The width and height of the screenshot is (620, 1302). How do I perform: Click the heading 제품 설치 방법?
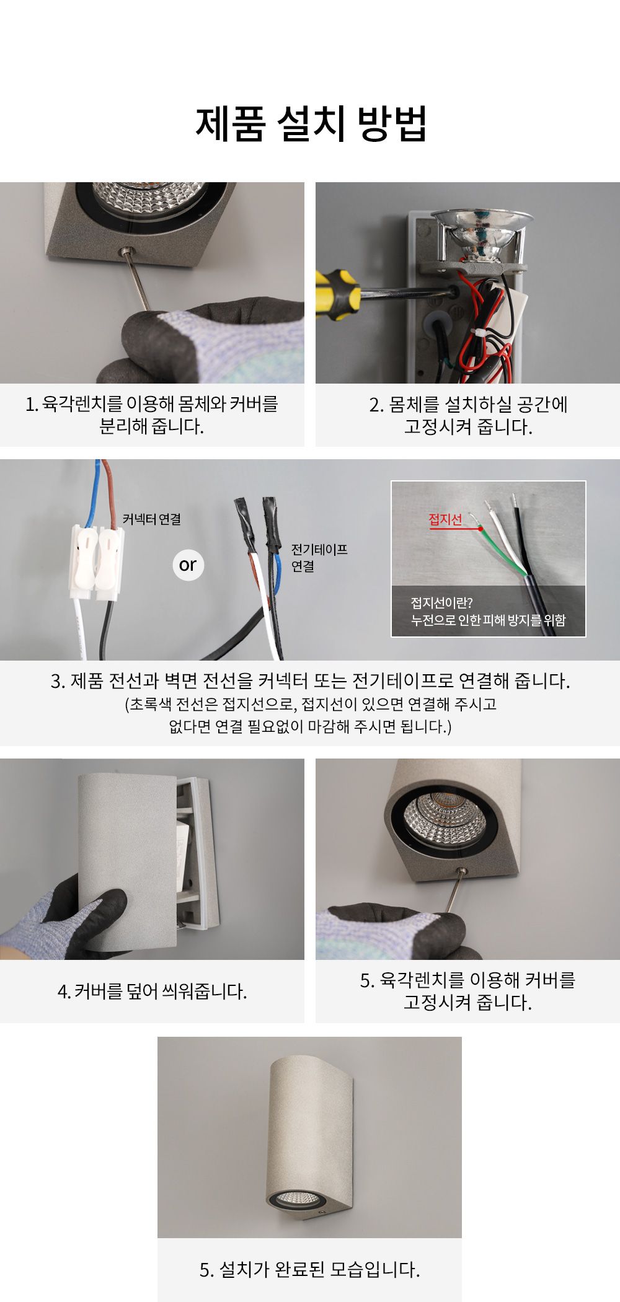[x=311, y=123]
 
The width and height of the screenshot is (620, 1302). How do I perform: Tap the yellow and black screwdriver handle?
[x=337, y=294]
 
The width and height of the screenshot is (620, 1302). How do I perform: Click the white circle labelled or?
[x=188, y=565]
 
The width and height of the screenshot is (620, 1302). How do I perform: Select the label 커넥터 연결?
[x=152, y=519]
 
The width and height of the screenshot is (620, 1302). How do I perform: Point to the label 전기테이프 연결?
[x=319, y=558]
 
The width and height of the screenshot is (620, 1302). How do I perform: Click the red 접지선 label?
[x=445, y=519]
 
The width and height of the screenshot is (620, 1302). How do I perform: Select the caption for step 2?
[x=468, y=415]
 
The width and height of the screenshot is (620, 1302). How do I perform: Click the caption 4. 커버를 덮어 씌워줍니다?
[x=152, y=992]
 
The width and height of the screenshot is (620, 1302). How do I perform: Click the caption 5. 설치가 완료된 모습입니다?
[x=309, y=1270]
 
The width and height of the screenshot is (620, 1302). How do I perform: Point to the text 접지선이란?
[x=441, y=603]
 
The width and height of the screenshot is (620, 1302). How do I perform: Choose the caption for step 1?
[x=152, y=415]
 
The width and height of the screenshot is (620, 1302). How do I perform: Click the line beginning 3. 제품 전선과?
[x=310, y=680]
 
